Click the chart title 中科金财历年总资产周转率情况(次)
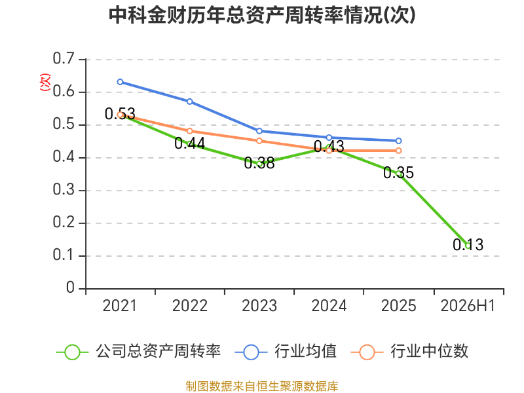[263, 15]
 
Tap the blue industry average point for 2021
[121, 82]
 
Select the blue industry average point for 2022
[190, 102]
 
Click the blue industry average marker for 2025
[398, 141]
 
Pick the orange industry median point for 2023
[259, 141]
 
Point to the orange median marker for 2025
[398, 151]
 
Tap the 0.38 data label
[259, 163]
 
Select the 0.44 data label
[190, 143]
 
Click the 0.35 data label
[398, 173]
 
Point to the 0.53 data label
[120, 114]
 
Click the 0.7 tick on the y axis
[64, 59]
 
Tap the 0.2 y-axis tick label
[64, 223]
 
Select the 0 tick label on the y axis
[70, 288]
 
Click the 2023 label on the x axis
[259, 306]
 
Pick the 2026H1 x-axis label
[468, 306]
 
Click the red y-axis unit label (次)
[45, 82]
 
